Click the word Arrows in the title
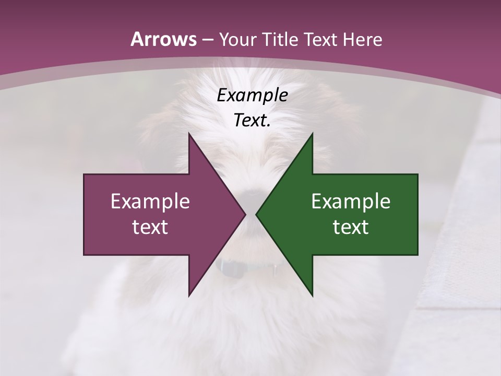(164, 39)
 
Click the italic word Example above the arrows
(252, 95)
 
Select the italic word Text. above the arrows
(252, 120)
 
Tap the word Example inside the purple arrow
(150, 202)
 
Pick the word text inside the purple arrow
(150, 227)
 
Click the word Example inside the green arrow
(351, 202)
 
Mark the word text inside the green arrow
(351, 227)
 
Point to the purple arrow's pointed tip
(244, 214)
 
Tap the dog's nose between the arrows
(252, 195)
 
